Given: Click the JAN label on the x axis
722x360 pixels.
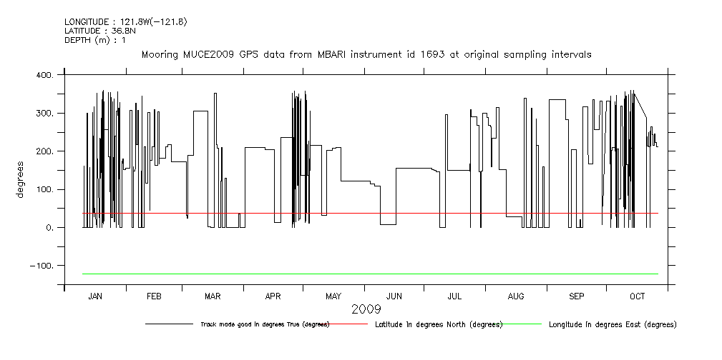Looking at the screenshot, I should pyautogui.click(x=95, y=296).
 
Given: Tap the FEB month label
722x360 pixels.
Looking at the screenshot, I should pyautogui.click(x=154, y=296).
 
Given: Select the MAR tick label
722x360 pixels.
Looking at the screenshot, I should pyautogui.click(x=213, y=296).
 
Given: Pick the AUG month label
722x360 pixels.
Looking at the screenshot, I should pyautogui.click(x=515, y=296).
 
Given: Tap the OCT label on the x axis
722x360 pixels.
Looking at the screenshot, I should pyautogui.click(x=637, y=296).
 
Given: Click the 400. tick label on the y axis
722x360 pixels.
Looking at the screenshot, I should pyautogui.click(x=44, y=75).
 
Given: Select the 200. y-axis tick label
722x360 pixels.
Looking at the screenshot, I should pyautogui.click(x=44, y=151).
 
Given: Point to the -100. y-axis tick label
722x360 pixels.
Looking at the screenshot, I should pyautogui.click(x=42, y=266).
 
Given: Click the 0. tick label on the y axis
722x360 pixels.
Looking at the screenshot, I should pyautogui.click(x=49, y=228).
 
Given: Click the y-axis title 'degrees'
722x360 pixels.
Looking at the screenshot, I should pyautogui.click(x=20, y=181).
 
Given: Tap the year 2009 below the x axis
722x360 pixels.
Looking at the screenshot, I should pyautogui.click(x=366, y=310).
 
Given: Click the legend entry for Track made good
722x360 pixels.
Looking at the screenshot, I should pyautogui.click(x=264, y=324).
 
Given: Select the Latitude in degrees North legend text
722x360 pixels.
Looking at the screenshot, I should pyautogui.click(x=438, y=324).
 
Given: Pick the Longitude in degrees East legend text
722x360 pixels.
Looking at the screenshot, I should pyautogui.click(x=612, y=324).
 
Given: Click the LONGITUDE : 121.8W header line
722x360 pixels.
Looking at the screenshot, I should pyautogui.click(x=125, y=22).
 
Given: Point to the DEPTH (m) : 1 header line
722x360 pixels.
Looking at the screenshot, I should pyautogui.click(x=94, y=40).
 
